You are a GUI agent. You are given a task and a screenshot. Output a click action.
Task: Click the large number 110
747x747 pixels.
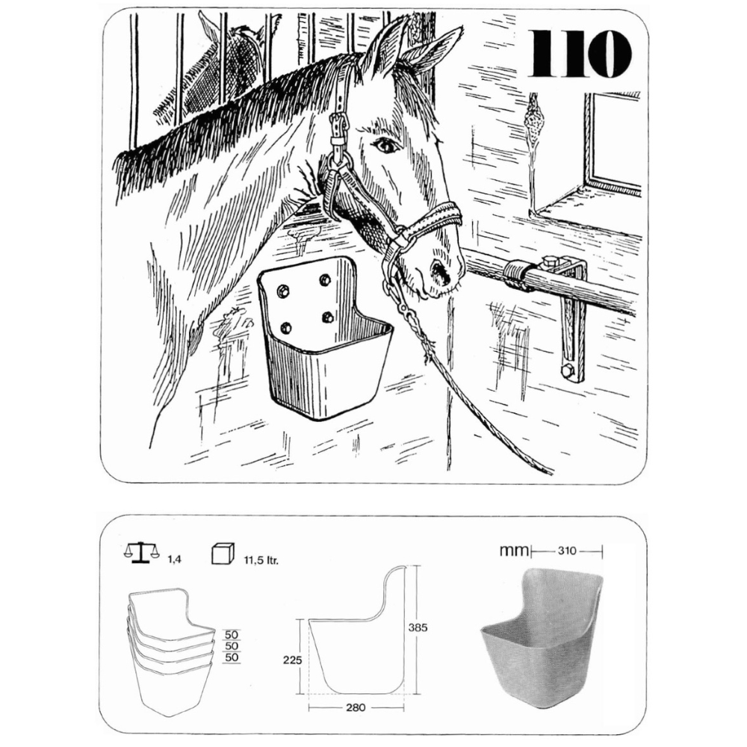click(x=580, y=53)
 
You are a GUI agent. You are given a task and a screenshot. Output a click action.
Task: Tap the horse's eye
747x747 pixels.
click(x=385, y=145)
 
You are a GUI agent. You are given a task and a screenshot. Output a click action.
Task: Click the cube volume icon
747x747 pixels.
click(x=223, y=553)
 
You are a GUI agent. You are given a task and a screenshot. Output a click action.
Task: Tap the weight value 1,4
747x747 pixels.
click(x=174, y=560)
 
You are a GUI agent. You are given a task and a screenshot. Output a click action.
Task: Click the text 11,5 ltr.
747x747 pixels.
click(x=261, y=560)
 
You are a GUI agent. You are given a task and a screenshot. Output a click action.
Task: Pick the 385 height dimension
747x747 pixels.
click(x=418, y=627)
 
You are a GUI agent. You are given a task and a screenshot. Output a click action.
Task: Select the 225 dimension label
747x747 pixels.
click(x=293, y=660)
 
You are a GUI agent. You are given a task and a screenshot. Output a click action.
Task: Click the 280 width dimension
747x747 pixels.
click(x=356, y=707)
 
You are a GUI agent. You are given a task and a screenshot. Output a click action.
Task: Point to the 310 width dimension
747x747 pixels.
click(x=567, y=551)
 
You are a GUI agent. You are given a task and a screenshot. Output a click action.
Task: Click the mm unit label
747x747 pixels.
click(x=514, y=551)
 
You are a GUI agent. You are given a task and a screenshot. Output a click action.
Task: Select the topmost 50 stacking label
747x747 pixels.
click(x=232, y=634)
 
